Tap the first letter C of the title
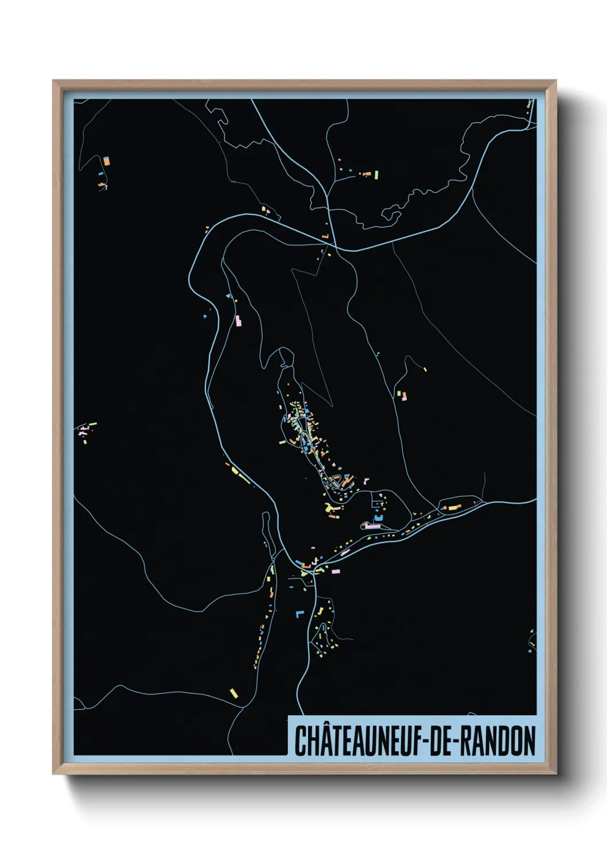tap(300, 741)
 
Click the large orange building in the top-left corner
tap(106, 161)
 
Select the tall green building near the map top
tap(376, 174)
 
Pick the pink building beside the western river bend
tap(238, 321)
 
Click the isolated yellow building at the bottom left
tap(234, 693)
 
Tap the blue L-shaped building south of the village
tap(298, 614)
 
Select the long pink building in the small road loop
tap(373, 525)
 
